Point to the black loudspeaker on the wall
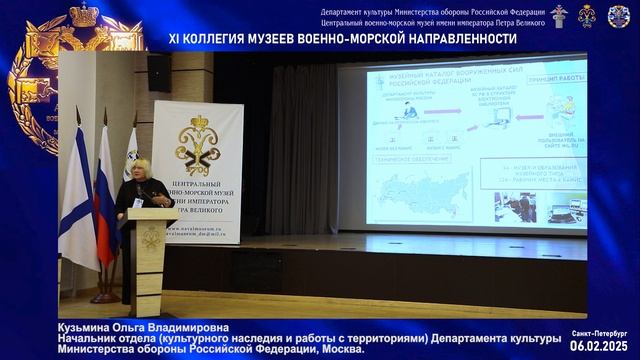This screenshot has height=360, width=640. coord(158,73)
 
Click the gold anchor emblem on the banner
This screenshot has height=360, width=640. coord(197,145)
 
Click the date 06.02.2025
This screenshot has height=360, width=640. coord(599,345)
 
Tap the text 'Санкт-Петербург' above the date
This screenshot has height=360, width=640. coord(600,332)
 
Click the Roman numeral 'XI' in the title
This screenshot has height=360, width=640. coord(178,39)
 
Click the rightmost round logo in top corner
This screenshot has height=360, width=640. coord(619,16)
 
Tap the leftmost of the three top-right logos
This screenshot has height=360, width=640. coord(559,15)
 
